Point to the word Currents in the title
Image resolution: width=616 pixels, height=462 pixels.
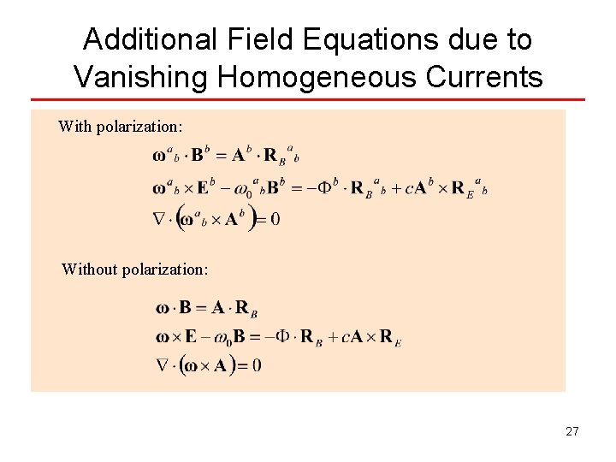(x=483, y=77)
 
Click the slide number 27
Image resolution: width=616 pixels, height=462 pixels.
(x=572, y=431)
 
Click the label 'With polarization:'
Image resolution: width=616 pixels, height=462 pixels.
(x=120, y=127)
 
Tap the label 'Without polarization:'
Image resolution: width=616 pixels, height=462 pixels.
(x=134, y=269)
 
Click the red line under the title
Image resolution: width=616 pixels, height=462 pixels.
(x=308, y=100)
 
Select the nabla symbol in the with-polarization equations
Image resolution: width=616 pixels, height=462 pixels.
(x=161, y=220)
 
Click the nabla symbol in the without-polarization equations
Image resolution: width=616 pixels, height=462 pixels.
(x=163, y=366)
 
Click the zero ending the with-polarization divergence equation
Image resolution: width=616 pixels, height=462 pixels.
(x=275, y=220)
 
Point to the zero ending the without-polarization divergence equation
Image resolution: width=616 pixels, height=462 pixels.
(x=256, y=366)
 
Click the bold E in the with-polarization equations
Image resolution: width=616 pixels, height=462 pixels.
(x=203, y=187)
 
